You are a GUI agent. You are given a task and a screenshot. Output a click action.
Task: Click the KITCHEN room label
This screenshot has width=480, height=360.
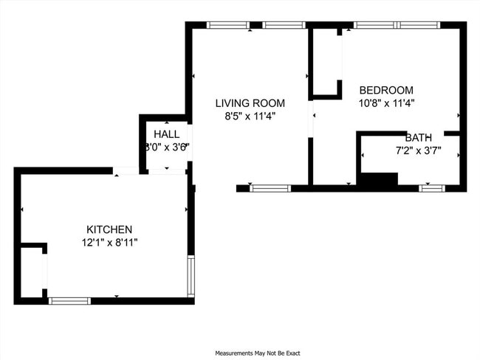(x=109, y=229)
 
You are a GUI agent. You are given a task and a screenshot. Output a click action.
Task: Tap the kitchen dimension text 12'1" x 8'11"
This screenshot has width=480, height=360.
(x=109, y=241)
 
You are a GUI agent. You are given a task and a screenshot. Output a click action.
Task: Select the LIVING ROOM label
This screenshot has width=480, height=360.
(x=250, y=103)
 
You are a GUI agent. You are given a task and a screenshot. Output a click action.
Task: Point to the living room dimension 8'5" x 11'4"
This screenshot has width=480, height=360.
(x=250, y=115)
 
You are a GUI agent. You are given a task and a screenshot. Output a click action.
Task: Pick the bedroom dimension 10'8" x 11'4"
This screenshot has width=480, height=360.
(x=386, y=103)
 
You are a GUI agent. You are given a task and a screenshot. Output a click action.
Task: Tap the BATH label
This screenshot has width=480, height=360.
(x=418, y=138)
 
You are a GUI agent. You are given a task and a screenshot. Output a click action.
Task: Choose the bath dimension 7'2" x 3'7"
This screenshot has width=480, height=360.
(x=418, y=150)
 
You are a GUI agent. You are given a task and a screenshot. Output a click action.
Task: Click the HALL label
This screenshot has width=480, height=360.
(x=166, y=134)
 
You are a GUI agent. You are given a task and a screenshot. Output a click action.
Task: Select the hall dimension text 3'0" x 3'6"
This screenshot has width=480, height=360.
(x=167, y=146)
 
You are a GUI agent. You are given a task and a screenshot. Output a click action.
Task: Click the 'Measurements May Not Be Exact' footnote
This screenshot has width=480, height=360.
(x=257, y=353)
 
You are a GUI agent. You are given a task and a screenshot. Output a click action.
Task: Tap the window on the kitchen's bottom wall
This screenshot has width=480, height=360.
(x=69, y=300)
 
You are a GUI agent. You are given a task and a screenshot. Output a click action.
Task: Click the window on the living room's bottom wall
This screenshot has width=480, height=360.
(x=271, y=188)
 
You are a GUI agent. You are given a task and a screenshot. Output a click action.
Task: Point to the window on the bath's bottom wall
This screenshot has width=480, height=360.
(x=432, y=188)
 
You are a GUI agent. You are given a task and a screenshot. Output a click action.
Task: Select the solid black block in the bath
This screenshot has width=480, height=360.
(x=377, y=179)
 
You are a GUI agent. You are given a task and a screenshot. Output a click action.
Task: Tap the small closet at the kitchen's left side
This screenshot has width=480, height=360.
(x=32, y=273)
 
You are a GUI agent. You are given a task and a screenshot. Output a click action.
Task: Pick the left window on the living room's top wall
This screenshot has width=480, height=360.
(x=228, y=25)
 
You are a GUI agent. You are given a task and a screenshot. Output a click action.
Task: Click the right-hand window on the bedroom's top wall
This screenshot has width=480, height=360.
(x=420, y=25)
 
